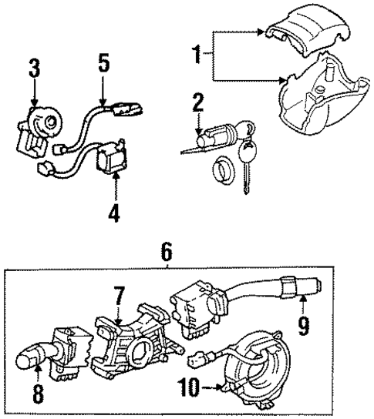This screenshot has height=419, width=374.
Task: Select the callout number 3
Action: tap(32, 68)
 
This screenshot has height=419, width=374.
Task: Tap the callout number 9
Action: tap(303, 326)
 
